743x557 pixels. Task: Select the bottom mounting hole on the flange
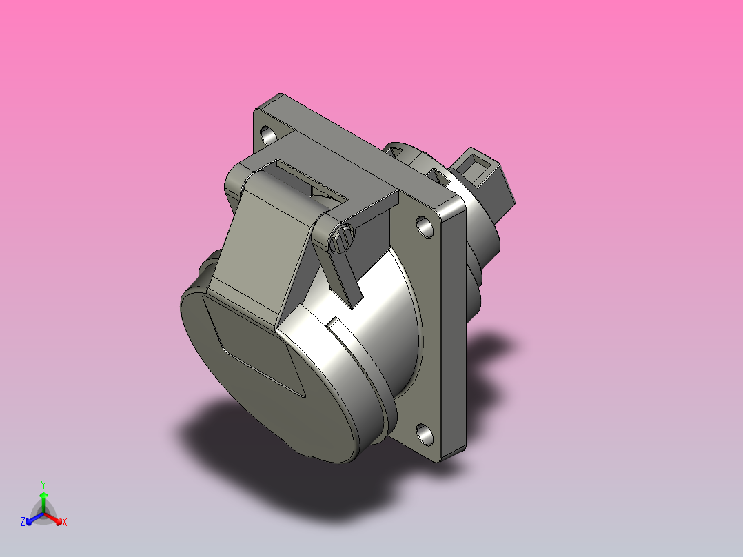coord(425,434)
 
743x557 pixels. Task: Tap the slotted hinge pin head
coord(341,239)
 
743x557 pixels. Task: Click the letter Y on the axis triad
coord(43,484)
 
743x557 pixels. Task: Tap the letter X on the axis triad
coord(65,523)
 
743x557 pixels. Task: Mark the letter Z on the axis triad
coord(23,523)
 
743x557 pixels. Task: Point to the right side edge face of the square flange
coord(456,331)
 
